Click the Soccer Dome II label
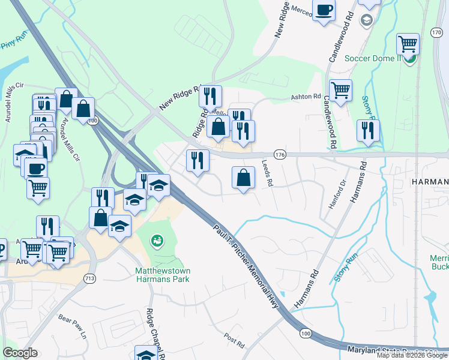tap(372, 58)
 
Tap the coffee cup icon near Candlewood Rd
tap(324, 11)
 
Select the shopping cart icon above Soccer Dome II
tap(408, 43)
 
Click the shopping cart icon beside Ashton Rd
tap(340, 90)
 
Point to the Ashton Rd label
tap(306, 97)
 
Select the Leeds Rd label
tap(268, 176)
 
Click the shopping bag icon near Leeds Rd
tap(243, 178)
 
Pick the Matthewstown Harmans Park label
tap(162, 275)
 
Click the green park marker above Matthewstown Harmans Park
tap(158, 241)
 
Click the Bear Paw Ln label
tap(73, 327)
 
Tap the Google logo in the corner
tap(20, 353)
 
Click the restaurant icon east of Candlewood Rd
tap(368, 130)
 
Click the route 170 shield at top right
tap(437, 34)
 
